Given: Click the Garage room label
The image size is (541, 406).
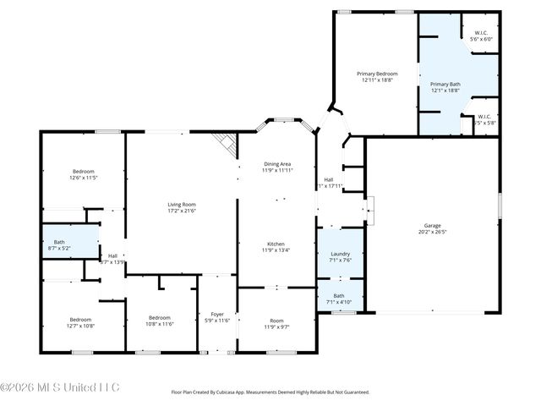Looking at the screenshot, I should pyautogui.click(x=432, y=226).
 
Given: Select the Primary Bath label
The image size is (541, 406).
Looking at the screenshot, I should pyautogui.click(x=445, y=85).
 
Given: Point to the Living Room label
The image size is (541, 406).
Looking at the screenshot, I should pyautogui.click(x=181, y=204).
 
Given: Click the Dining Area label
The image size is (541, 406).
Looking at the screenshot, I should pyautogui.click(x=277, y=164).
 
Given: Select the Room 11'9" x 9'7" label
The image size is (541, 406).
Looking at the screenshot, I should pyautogui.click(x=276, y=320).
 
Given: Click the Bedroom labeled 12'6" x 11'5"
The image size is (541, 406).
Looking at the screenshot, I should pyautogui.click(x=83, y=172).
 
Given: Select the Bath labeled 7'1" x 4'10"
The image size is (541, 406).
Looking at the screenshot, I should pyautogui.click(x=338, y=296).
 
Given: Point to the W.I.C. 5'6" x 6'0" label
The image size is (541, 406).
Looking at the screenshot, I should pyautogui.click(x=480, y=35).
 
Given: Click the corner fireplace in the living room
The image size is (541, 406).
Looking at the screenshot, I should pyautogui.click(x=225, y=143).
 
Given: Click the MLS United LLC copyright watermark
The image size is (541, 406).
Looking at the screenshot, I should pyautogui.click(x=60, y=387).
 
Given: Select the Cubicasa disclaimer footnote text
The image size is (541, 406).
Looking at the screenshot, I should pyautogui.click(x=270, y=392).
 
